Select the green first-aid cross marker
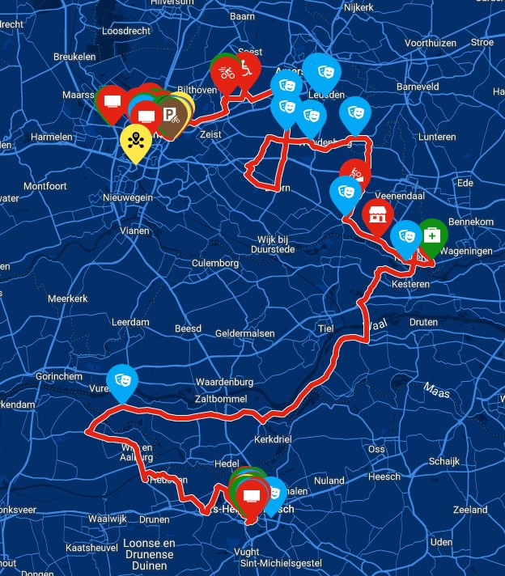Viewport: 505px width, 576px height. pyautogui.click(x=432, y=235)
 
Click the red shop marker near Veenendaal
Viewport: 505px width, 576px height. pyautogui.click(x=377, y=215)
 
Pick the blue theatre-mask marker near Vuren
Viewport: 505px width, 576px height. pyautogui.click(x=122, y=380)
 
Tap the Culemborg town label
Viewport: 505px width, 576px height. pyautogui.click(x=214, y=264)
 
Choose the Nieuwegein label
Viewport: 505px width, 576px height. pyautogui.click(x=128, y=197)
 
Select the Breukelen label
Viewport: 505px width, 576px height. pyautogui.click(x=74, y=57)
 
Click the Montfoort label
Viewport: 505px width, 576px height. pyautogui.click(x=45, y=186)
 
